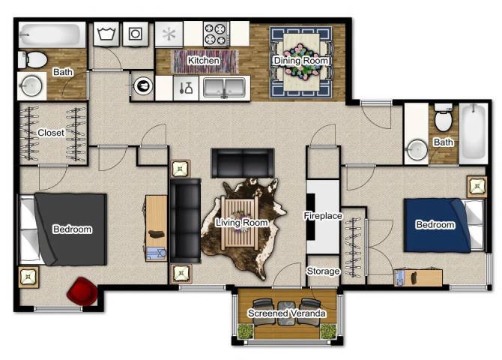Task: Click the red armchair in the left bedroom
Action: (x=81, y=291)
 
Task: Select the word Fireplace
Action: (x=323, y=216)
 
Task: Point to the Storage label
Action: (x=323, y=271)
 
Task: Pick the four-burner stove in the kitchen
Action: (x=216, y=34)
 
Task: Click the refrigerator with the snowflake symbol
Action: (x=169, y=34)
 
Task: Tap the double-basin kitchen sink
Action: (x=224, y=86)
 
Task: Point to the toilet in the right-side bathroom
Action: (x=444, y=119)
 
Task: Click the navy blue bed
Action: (x=438, y=224)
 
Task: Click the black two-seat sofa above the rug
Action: (x=242, y=162)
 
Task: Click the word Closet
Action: (x=51, y=133)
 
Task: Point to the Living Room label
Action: (x=241, y=223)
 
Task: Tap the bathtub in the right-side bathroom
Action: (x=474, y=133)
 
